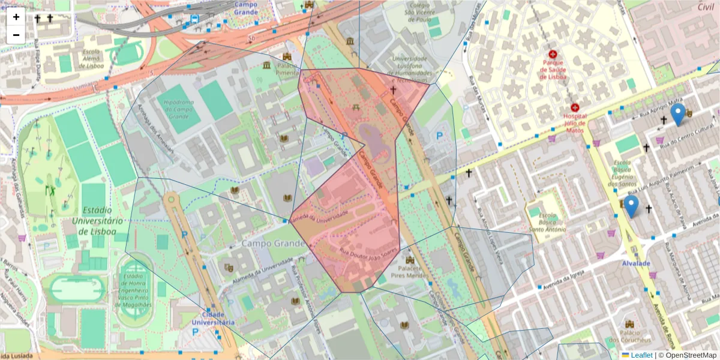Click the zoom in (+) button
[x=16, y=17]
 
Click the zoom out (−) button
[x=16, y=35]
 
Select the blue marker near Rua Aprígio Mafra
[x=678, y=114]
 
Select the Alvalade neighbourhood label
[x=636, y=263]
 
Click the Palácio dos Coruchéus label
[x=630, y=337]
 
